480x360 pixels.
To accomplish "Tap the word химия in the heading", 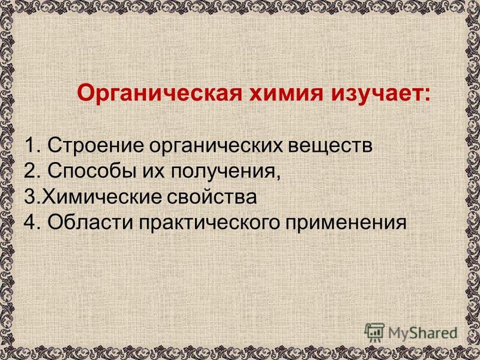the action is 286,94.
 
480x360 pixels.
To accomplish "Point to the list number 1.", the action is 32,145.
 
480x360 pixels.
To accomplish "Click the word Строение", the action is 95,146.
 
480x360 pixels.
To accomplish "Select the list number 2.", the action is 32,171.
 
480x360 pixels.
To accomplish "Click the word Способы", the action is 92,171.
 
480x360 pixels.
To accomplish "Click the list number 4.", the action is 32,221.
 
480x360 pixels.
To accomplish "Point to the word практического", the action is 209,223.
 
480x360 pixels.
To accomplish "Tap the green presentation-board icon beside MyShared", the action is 374,332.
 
